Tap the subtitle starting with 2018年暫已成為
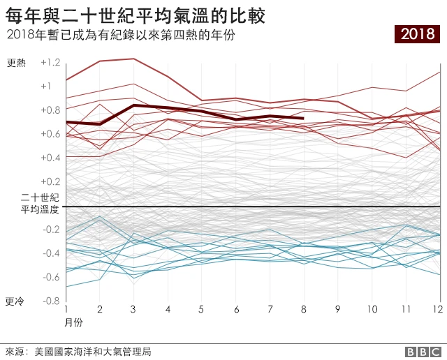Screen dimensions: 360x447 click(x=119, y=34)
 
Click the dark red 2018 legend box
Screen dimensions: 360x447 click(x=417, y=33)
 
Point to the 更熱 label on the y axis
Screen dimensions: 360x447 click(x=16, y=63)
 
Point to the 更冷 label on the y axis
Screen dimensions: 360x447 click(x=15, y=301)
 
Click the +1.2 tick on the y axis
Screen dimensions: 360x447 click(x=51, y=63)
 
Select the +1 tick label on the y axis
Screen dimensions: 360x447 click(x=46, y=87)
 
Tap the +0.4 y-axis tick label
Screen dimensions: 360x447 click(x=51, y=158)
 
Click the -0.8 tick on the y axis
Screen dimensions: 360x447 click(x=50, y=301)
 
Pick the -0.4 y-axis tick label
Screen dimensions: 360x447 click(x=50, y=253)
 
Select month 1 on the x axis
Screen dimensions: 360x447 click(x=66, y=308)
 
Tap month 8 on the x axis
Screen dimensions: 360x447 click(x=304, y=308)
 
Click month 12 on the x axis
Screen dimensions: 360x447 click(x=437, y=308)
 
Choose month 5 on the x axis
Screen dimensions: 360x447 click(x=202, y=308)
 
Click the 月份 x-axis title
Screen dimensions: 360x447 click(x=74, y=323)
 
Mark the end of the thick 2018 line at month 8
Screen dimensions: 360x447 click(x=303, y=119)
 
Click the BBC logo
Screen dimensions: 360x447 click(x=420, y=352)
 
